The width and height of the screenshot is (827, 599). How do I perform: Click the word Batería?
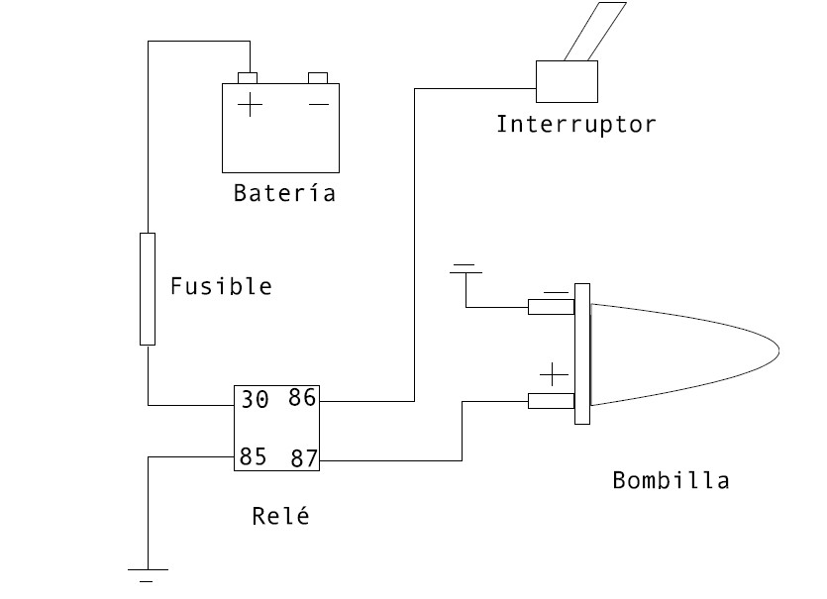(x=284, y=193)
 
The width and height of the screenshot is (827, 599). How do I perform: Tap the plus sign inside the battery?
(x=251, y=103)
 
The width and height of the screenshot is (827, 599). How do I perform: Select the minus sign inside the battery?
(x=318, y=103)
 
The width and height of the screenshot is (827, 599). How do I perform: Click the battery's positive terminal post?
(x=248, y=77)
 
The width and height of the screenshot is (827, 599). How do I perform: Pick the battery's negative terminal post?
(x=318, y=77)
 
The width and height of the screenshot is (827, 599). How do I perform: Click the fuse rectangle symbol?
(x=148, y=288)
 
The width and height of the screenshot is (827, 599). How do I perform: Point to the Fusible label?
(x=221, y=287)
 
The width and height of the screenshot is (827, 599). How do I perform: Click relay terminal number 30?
(x=255, y=400)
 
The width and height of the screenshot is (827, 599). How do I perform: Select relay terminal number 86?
(x=301, y=398)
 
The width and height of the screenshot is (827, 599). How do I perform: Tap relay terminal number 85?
(x=253, y=457)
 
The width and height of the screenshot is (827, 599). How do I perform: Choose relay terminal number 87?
(x=302, y=458)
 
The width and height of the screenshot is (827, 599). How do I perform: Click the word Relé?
(x=280, y=516)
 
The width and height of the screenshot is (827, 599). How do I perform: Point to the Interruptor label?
(x=575, y=125)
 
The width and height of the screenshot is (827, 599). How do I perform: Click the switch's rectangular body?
(x=567, y=81)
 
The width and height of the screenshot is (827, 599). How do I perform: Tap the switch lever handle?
(x=594, y=30)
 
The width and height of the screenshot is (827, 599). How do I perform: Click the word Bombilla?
(x=671, y=481)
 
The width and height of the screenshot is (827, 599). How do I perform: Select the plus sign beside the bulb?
(x=553, y=375)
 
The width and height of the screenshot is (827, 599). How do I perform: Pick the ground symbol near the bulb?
(x=465, y=268)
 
